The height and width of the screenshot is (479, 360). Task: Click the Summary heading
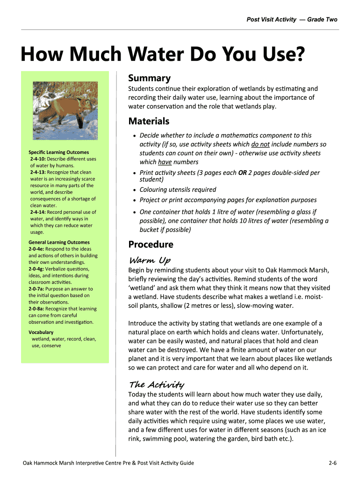[150, 78]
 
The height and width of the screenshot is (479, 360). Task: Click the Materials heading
[149, 121]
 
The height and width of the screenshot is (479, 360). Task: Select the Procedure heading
[151, 244]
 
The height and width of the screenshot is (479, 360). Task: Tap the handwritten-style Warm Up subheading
[150, 260]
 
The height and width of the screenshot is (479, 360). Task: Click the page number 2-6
[333, 463]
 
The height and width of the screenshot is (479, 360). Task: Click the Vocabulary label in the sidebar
[41, 332]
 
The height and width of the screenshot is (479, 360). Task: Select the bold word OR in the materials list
[243, 173]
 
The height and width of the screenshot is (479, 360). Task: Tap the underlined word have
[165, 162]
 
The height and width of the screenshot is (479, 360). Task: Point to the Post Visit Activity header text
[271, 19]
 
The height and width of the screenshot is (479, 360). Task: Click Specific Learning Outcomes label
[58, 152]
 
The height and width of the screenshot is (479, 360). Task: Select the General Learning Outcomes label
[59, 242]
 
